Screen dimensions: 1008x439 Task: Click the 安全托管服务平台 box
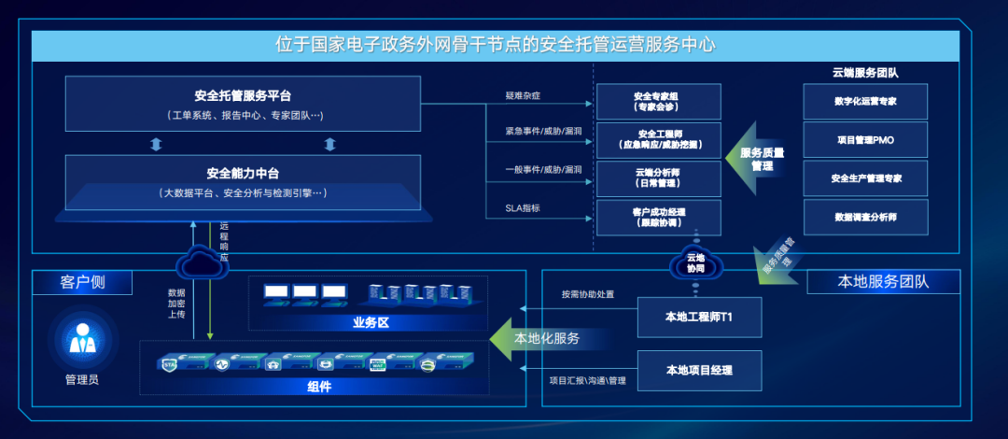pos(244,104)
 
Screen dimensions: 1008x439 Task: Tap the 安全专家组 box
pos(657,102)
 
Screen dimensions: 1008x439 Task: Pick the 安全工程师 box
pos(657,140)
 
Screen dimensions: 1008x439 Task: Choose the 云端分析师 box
pos(657,178)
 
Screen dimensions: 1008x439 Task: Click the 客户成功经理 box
pos(657,218)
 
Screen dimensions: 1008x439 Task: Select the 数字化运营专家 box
pos(865,101)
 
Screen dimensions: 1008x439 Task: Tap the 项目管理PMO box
pos(865,140)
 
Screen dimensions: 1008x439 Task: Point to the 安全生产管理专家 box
pos(865,178)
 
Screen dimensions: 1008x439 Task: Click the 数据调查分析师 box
pos(865,217)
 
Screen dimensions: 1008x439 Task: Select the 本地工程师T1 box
pos(699,317)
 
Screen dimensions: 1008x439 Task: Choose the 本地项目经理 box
pos(699,370)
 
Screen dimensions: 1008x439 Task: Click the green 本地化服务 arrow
pos(541,338)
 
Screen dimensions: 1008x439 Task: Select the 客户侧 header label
pos(81,282)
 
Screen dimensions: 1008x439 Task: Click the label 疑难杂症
pos(523,96)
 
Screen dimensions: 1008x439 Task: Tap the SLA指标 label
pos(522,208)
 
